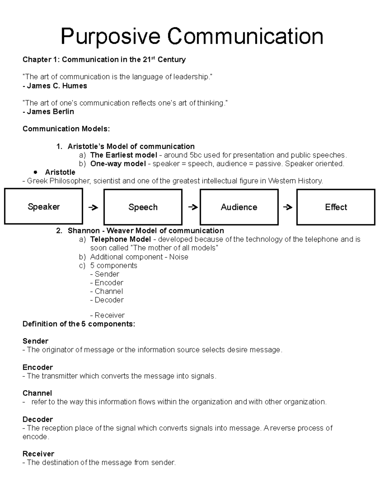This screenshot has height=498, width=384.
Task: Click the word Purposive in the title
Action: (x=110, y=37)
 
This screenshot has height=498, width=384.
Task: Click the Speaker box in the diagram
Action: (x=44, y=207)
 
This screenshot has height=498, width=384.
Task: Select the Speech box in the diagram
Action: (x=143, y=207)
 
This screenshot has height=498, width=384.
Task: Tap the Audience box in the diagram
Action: (x=239, y=207)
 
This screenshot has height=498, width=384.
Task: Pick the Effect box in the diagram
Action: (x=336, y=207)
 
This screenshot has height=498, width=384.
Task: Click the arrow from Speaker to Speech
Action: (x=93, y=207)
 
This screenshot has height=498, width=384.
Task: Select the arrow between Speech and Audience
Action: (x=193, y=207)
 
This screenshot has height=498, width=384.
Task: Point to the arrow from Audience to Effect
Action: (x=288, y=207)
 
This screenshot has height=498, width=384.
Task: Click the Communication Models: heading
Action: (x=66, y=129)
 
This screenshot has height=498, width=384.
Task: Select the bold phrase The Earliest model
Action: (x=124, y=155)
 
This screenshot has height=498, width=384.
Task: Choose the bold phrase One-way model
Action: (x=118, y=164)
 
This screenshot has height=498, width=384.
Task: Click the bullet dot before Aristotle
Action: (x=36, y=172)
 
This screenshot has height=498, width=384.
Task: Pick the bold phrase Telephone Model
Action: (x=121, y=240)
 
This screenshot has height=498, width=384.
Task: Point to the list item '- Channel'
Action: (x=107, y=291)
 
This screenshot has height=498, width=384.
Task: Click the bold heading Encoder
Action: (x=37, y=367)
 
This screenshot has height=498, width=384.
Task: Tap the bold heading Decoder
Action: (x=37, y=419)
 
